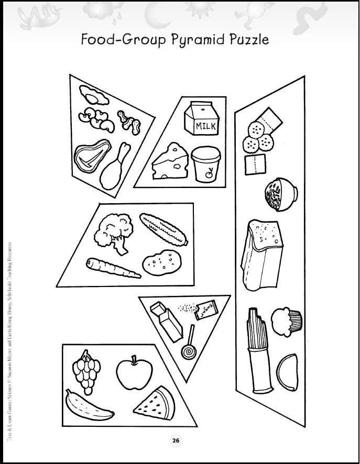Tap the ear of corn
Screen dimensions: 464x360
[x=163, y=229]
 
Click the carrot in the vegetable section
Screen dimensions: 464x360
[x=113, y=268]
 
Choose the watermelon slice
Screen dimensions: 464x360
[x=157, y=402]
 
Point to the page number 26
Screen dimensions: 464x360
[x=176, y=441]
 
